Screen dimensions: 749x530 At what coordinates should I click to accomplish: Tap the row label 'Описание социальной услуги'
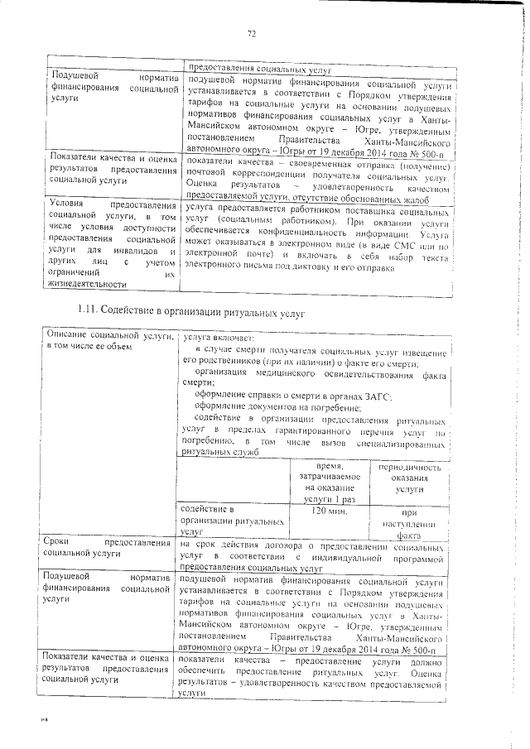click(x=107, y=340)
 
